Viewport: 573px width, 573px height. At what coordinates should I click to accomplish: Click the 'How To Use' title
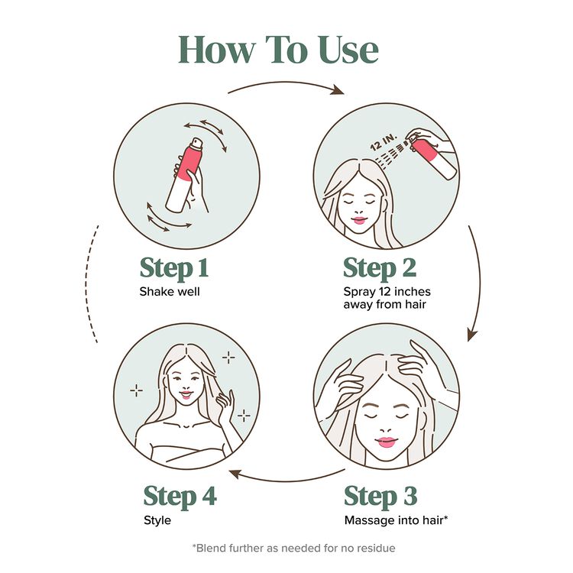click(x=278, y=50)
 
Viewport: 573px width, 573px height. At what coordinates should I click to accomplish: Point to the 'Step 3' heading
click(x=380, y=496)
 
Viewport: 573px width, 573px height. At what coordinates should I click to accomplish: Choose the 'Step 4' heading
click(x=180, y=496)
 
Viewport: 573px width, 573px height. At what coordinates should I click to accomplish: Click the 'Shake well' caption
click(x=169, y=291)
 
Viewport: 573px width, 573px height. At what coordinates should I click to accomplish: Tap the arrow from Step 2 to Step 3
click(x=479, y=283)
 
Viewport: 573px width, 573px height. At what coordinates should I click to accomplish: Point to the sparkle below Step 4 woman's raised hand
click(x=244, y=416)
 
